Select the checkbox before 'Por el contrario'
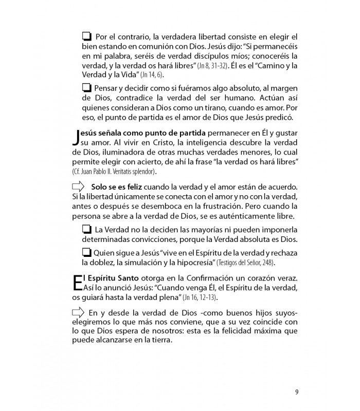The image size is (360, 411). (86, 37)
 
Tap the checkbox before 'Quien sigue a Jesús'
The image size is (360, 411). (86, 253)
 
